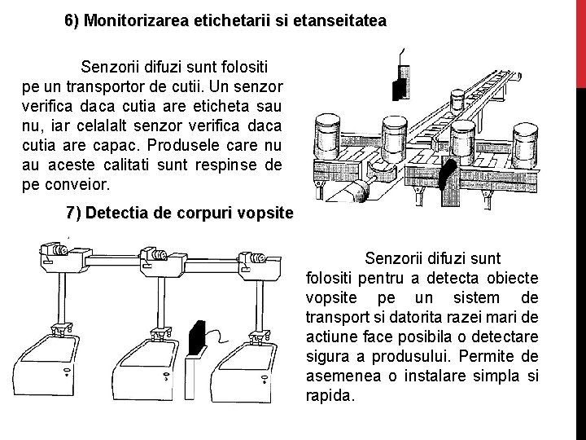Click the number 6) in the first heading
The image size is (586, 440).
[x=72, y=20]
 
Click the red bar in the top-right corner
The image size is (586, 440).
[x=580, y=41]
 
